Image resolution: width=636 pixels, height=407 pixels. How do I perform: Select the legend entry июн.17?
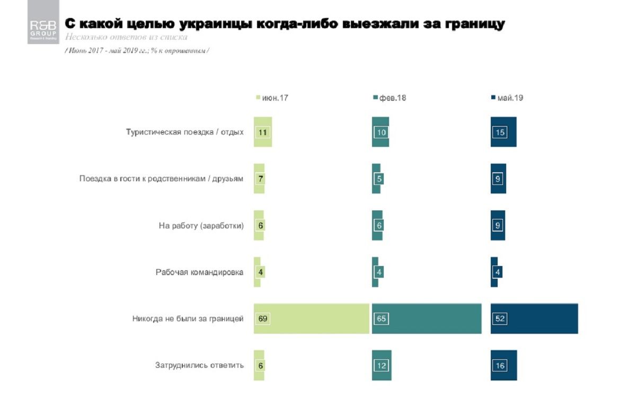(273, 98)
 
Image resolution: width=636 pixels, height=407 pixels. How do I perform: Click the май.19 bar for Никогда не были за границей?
(534, 319)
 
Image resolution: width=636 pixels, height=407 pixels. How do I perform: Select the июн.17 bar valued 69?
(311, 319)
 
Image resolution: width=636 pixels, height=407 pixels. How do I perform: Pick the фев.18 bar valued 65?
(427, 319)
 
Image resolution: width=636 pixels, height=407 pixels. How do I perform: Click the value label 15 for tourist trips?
(499, 132)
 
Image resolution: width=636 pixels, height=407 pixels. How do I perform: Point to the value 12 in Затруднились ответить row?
(382, 365)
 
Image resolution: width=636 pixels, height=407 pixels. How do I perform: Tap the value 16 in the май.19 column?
(499, 365)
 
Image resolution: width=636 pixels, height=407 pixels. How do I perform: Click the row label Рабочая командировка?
(199, 272)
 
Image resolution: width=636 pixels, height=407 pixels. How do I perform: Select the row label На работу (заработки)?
(201, 226)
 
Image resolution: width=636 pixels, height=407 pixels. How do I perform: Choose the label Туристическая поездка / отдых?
(184, 132)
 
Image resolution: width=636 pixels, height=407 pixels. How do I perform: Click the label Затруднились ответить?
(199, 365)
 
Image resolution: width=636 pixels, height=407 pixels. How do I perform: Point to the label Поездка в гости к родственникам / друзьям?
(161, 179)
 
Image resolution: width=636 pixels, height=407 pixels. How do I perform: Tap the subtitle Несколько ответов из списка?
(126, 38)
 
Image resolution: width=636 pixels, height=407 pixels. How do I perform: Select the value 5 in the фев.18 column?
(379, 179)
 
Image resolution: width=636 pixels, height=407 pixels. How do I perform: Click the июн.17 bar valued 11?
(263, 132)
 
